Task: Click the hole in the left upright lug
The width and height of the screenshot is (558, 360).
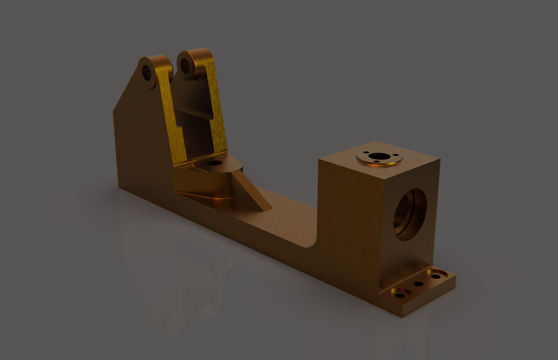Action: [x=146, y=73]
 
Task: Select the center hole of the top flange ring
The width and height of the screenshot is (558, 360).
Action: [x=379, y=156]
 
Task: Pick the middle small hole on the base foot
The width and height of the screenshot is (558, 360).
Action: [x=418, y=284]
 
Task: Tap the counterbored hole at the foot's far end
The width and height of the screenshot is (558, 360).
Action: [x=436, y=275]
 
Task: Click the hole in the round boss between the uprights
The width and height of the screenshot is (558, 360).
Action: [x=214, y=163]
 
